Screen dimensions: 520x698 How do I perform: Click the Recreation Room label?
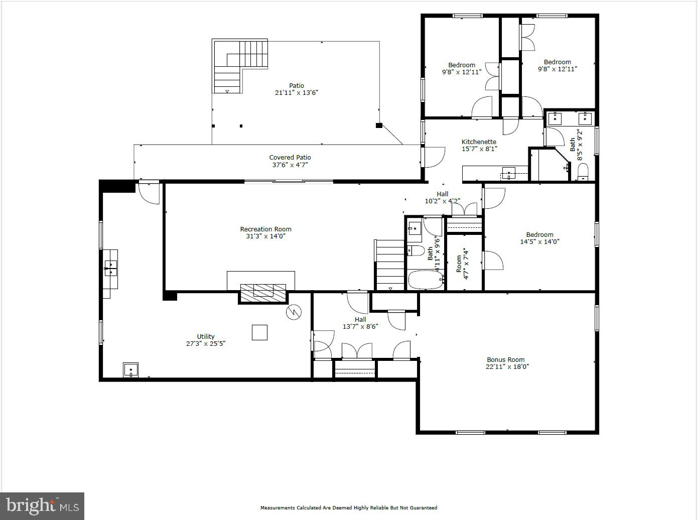(x=265, y=229)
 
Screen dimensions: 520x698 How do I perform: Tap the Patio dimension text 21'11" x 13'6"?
(x=296, y=92)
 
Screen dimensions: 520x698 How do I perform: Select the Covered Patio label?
(x=290, y=158)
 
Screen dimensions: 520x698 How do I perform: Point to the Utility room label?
(x=206, y=337)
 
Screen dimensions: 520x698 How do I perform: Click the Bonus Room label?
(x=505, y=360)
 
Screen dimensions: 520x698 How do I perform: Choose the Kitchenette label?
(x=479, y=142)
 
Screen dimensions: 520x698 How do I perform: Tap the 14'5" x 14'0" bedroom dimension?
(x=539, y=241)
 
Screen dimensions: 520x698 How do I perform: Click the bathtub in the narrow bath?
(x=425, y=280)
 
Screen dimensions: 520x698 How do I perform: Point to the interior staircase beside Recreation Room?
(x=390, y=265)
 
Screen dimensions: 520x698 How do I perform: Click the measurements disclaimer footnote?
(x=348, y=507)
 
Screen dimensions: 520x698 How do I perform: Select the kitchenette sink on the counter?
(x=509, y=174)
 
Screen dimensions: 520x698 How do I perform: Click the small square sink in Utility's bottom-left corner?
(x=130, y=370)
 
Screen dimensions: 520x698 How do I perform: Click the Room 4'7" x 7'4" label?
(x=462, y=264)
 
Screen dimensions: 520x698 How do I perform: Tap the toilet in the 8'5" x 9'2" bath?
(x=583, y=173)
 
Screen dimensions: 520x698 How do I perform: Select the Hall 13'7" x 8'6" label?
(x=360, y=323)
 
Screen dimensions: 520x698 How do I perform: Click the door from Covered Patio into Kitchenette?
(x=434, y=157)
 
